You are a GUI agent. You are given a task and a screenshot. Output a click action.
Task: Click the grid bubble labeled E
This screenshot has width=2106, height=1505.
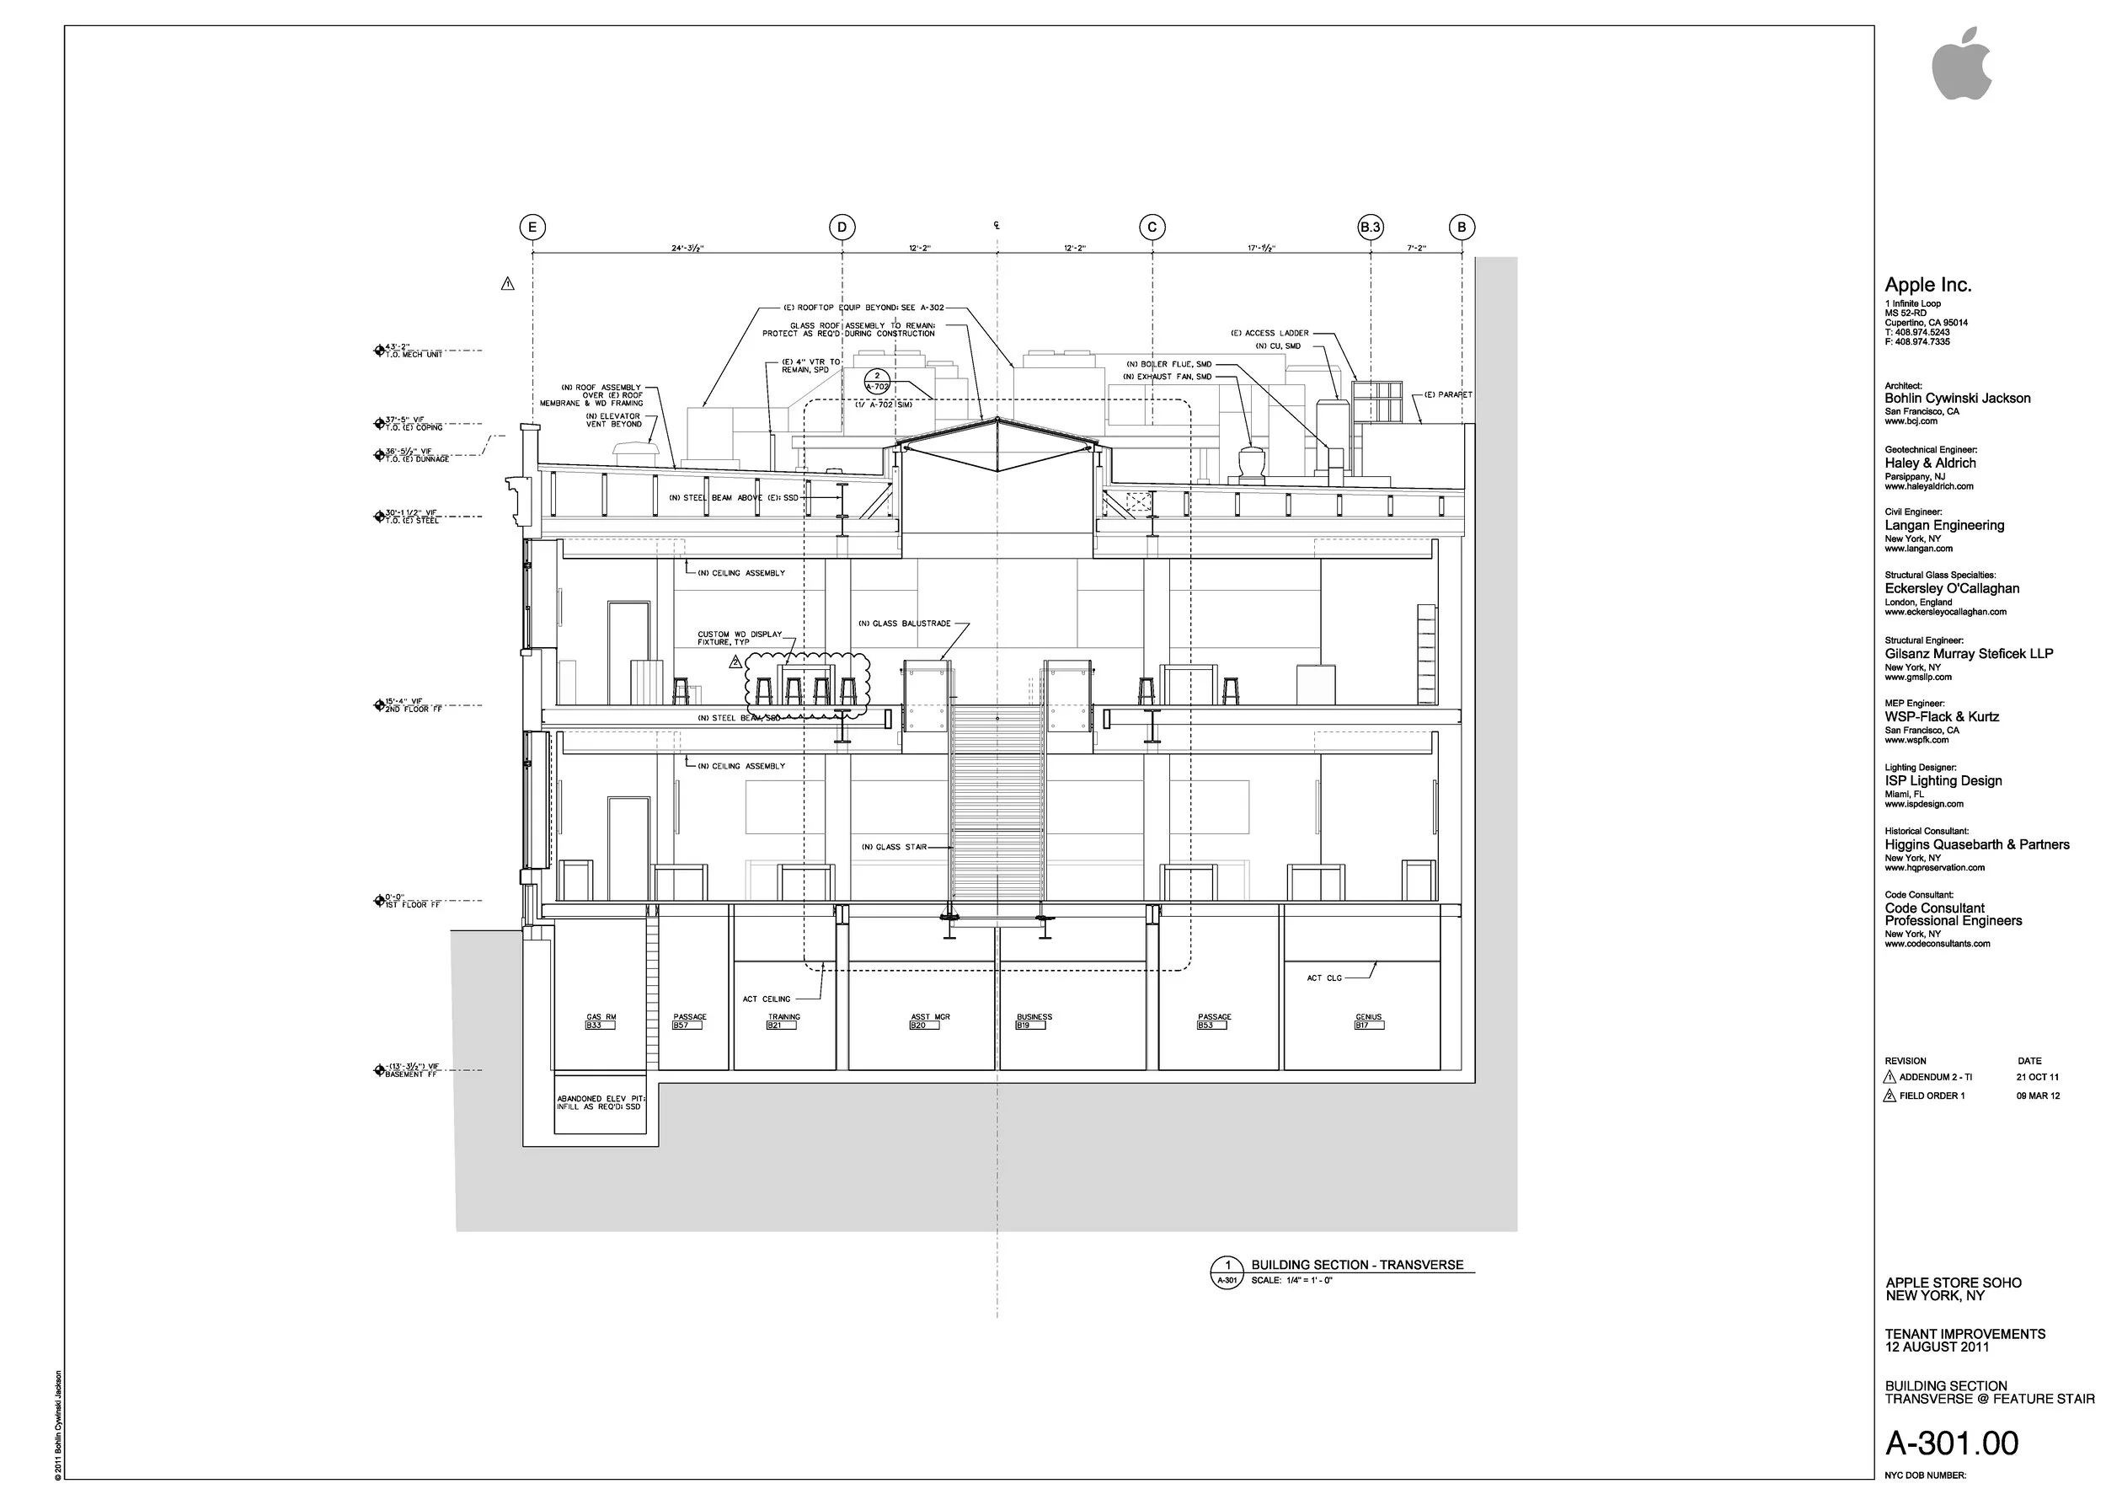(532, 227)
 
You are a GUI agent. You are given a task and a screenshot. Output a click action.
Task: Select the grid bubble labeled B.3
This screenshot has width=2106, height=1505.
(1371, 227)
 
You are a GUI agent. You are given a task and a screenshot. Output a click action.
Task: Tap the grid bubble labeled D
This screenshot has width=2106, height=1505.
(842, 227)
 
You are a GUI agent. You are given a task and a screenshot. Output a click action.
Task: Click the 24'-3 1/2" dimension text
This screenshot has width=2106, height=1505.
(687, 249)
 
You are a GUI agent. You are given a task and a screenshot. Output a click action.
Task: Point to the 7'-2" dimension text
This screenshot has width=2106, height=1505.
(1416, 249)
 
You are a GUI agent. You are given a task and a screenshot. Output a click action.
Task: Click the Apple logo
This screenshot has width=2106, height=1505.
(1960, 63)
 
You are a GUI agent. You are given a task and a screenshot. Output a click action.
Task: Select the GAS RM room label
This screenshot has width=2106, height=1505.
(601, 1018)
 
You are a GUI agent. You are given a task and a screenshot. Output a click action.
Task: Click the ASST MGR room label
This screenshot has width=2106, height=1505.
(930, 1018)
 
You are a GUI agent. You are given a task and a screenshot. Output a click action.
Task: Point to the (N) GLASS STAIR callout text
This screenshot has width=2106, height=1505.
(893, 847)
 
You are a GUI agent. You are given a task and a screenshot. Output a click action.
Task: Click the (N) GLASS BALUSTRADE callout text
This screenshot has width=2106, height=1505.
(904, 624)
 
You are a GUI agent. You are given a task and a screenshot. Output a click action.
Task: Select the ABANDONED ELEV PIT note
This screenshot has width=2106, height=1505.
(601, 1102)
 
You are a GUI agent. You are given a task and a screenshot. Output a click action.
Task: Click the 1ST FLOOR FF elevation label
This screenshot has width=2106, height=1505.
(411, 904)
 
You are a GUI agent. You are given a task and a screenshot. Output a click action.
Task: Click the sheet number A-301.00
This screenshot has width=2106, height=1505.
(1951, 1443)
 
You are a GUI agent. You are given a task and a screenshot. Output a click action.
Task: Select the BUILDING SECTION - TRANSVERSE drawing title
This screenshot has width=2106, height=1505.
(1356, 1264)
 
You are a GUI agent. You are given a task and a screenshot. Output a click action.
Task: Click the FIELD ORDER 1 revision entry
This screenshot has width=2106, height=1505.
(1931, 1095)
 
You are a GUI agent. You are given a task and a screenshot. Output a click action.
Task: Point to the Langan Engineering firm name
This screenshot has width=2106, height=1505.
(1944, 526)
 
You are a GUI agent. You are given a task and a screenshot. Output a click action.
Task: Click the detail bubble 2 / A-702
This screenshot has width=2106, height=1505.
(876, 382)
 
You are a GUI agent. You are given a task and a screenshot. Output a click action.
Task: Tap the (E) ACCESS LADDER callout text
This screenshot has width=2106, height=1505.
(1269, 333)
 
